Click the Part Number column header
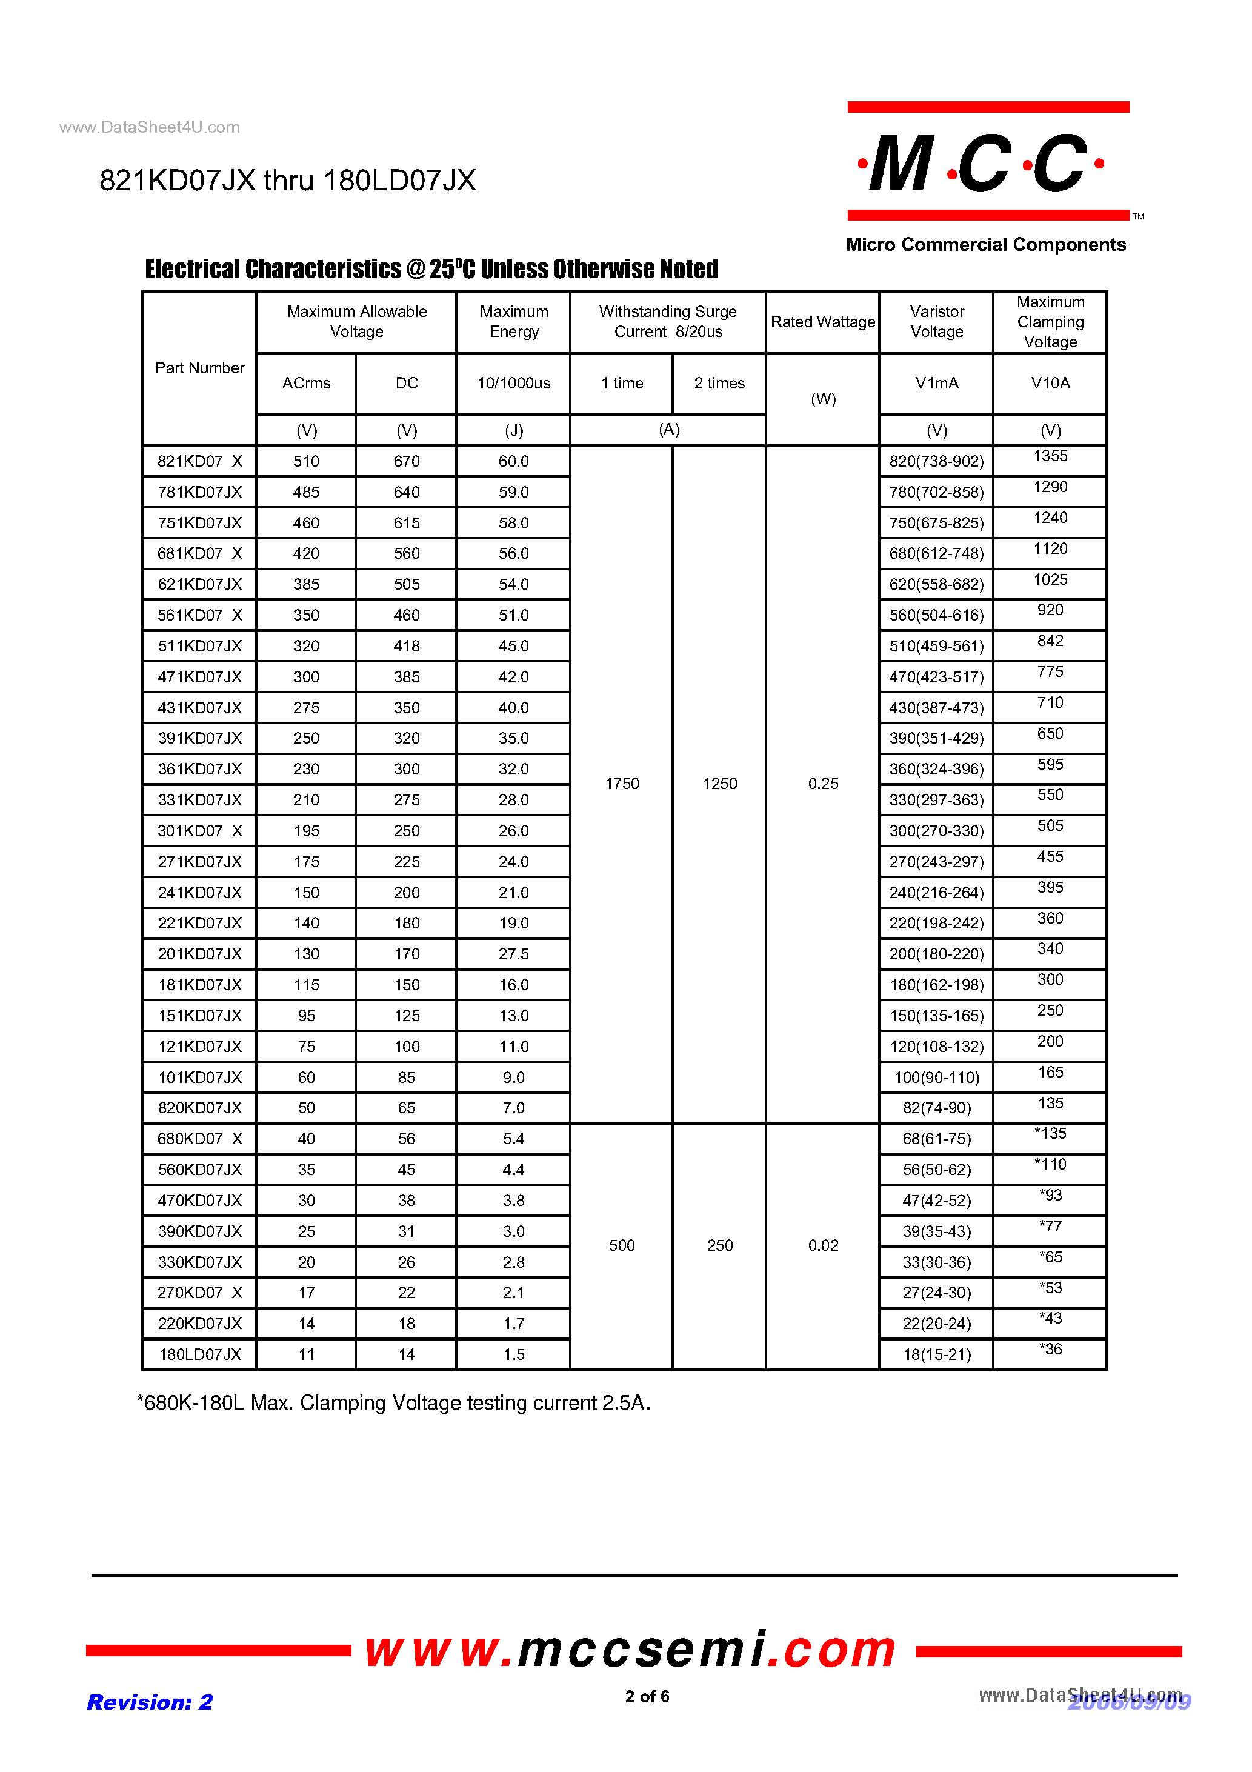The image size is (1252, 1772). pyautogui.click(x=199, y=368)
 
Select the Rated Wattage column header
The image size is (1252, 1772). pyautogui.click(x=823, y=322)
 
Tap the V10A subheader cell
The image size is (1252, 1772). pyautogui.click(x=1050, y=383)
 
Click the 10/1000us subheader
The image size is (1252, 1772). pyautogui.click(x=513, y=383)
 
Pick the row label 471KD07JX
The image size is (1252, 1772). pyautogui.click(x=199, y=677)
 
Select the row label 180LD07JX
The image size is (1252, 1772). pyautogui.click(x=199, y=1354)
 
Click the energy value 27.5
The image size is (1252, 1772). pyautogui.click(x=513, y=954)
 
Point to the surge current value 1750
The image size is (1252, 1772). pyautogui.click(x=621, y=784)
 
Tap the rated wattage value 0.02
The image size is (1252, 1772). pyautogui.click(x=823, y=1245)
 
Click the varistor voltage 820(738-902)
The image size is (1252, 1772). pyautogui.click(x=936, y=462)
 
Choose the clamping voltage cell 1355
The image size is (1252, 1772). pyautogui.click(x=1050, y=456)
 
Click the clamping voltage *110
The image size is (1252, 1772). pyautogui.click(x=1050, y=1165)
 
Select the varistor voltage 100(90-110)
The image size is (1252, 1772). pyautogui.click(x=936, y=1078)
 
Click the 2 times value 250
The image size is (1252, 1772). pyautogui.click(x=719, y=1245)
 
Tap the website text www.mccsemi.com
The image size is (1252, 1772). pyautogui.click(x=630, y=1650)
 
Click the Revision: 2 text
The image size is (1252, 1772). pyautogui.click(x=150, y=1702)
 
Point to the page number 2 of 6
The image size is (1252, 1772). pyautogui.click(x=647, y=1696)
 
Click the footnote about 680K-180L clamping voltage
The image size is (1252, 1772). pyautogui.click(x=394, y=1403)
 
